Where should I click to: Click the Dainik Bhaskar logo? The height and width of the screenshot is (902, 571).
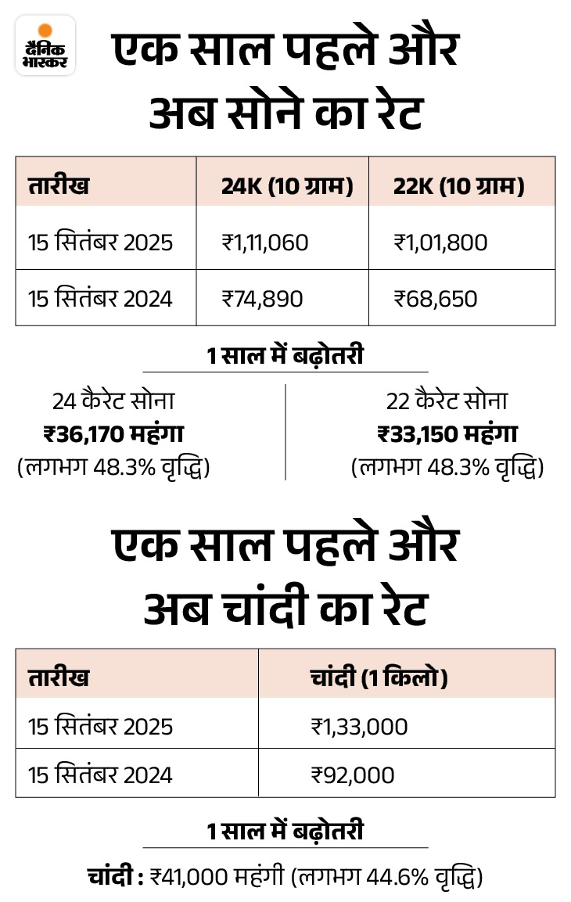tap(45, 45)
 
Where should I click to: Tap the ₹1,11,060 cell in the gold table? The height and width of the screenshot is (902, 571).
tap(264, 243)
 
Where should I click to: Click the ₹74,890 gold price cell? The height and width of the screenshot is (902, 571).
tap(262, 298)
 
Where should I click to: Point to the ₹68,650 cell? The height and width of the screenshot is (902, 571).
tap(435, 298)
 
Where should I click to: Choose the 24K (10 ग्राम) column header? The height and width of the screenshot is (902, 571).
tap(287, 187)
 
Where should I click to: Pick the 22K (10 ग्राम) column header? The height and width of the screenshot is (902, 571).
tap(458, 187)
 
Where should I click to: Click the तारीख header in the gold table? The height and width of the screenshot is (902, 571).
tap(59, 187)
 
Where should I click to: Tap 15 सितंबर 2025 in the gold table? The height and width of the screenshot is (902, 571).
tap(100, 243)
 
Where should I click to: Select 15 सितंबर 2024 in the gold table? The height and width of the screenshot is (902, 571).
tap(100, 298)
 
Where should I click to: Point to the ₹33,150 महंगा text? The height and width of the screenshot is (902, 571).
tap(447, 433)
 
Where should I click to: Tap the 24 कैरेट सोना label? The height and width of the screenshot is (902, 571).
tap(113, 401)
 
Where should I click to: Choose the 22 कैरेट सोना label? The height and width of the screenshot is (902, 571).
tap(447, 401)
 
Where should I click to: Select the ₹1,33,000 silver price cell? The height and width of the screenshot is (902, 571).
tap(358, 727)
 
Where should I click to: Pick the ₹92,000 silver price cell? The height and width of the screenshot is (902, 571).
tap(352, 774)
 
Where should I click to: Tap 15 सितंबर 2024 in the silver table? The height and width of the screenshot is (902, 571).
tap(100, 774)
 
